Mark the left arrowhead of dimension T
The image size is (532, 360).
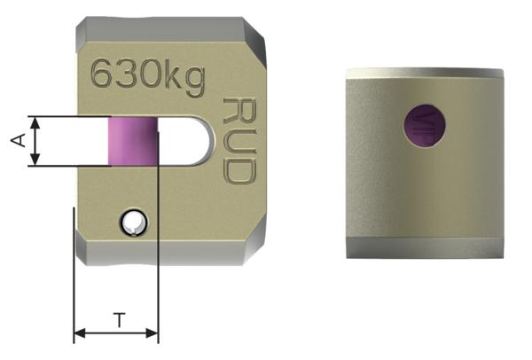(78, 334)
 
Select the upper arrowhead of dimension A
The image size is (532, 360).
(35, 121)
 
